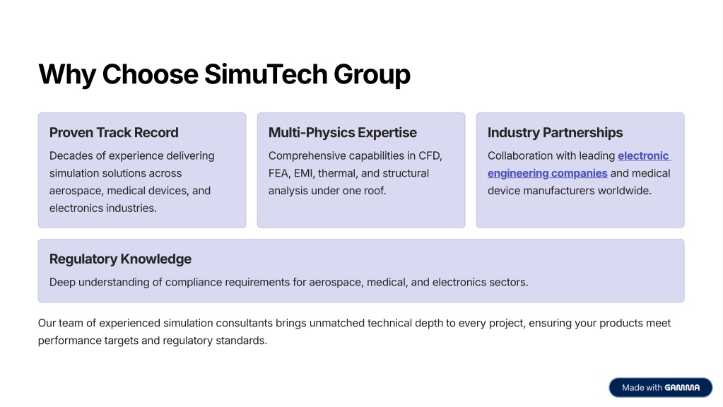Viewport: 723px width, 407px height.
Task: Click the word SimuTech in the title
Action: coord(266,74)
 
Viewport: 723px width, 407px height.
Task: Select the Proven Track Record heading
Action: coord(114,133)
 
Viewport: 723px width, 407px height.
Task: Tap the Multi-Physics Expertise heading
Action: coord(343,133)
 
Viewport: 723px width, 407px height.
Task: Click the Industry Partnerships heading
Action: coord(556,133)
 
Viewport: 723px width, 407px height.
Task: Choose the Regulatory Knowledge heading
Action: coord(120,259)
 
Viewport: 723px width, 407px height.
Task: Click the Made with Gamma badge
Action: coord(660,388)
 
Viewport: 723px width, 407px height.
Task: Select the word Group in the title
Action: coord(372,75)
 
